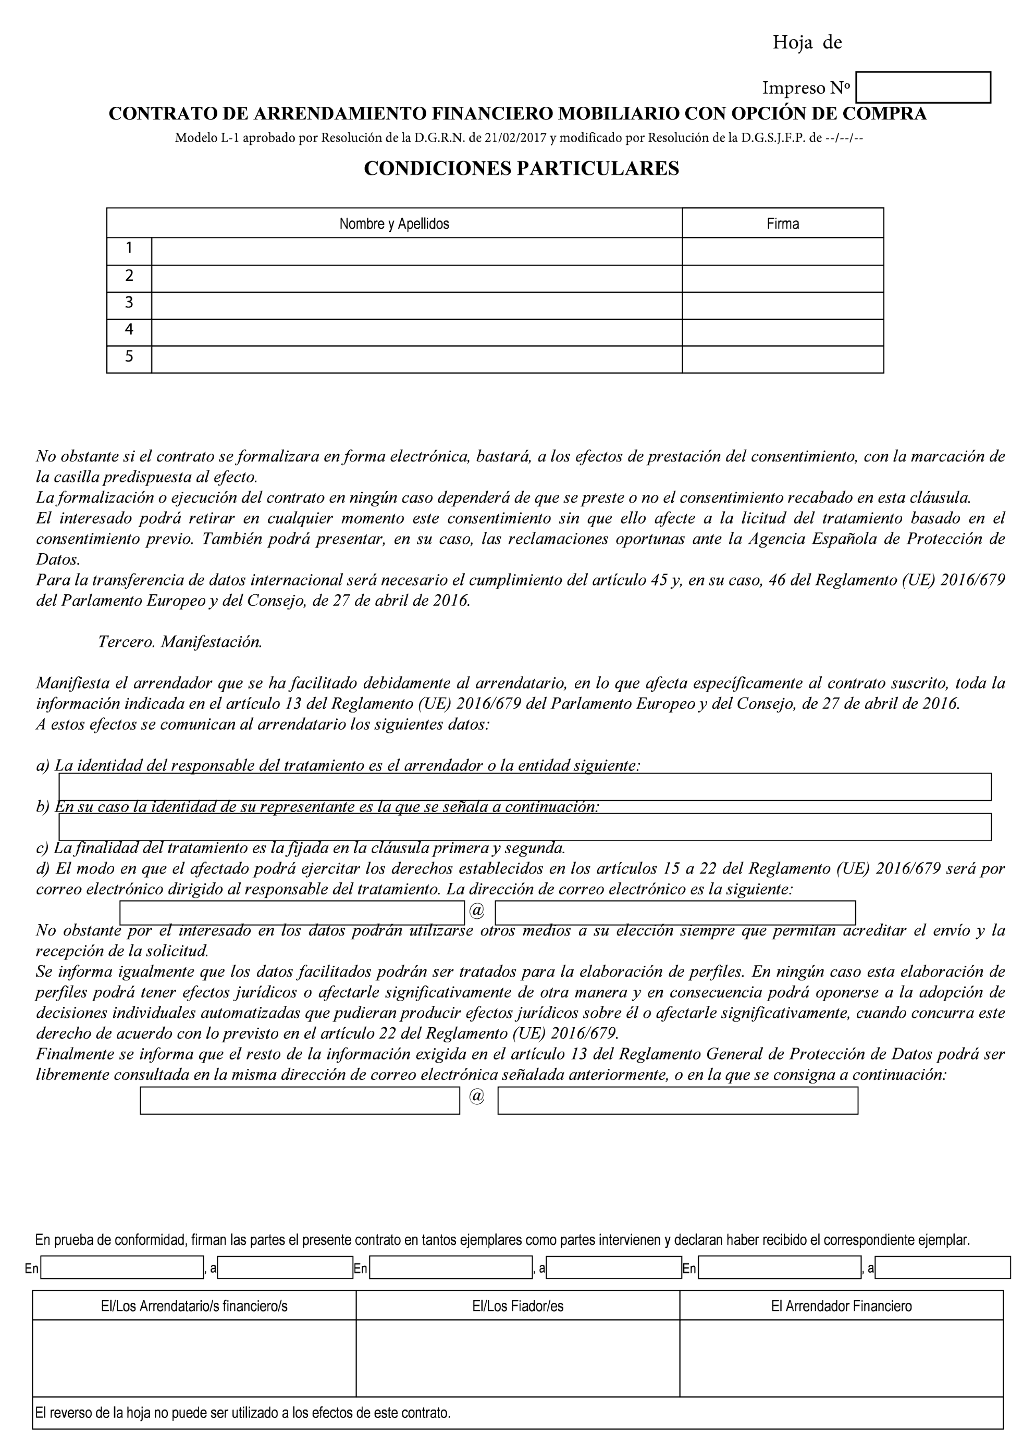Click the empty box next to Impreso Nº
pyautogui.click(x=923, y=88)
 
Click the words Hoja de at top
pyautogui.click(x=807, y=43)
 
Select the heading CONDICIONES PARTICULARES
pyautogui.click(x=521, y=169)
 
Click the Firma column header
pyautogui.click(x=782, y=223)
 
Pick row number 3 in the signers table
pyautogui.click(x=129, y=303)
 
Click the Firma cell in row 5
pyautogui.click(x=782, y=359)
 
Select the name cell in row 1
pyautogui.click(x=416, y=251)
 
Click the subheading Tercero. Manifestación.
pyautogui.click(x=180, y=642)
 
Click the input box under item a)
pyautogui.click(x=525, y=787)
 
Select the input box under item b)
pyautogui.click(x=525, y=828)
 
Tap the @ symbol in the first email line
pyautogui.click(x=477, y=912)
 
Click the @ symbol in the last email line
pyautogui.click(x=477, y=1096)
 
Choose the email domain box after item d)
pyautogui.click(x=675, y=913)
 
